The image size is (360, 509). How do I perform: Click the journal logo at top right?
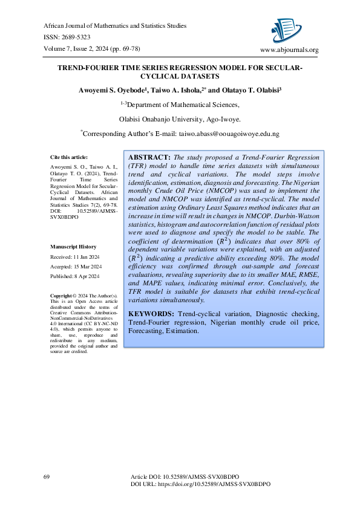(287, 27)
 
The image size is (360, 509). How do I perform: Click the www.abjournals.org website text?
(289, 50)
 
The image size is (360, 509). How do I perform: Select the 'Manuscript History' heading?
(73, 247)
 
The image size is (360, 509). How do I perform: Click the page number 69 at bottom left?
(46, 477)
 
